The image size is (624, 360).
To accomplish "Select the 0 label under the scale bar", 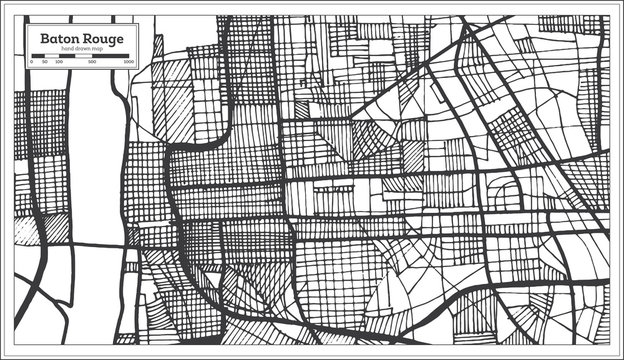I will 31,62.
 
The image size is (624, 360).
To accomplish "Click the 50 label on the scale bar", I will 45,62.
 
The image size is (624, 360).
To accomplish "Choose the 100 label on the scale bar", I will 59,62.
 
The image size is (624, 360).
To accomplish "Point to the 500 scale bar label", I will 92,62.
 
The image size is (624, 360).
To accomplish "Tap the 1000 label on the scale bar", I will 130,62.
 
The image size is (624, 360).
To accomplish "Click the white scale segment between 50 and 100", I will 52,56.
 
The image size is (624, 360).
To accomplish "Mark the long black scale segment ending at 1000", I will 112,56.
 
